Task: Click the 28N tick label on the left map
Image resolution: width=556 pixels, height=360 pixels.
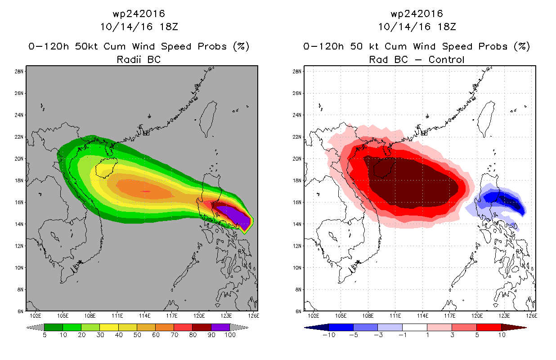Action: [19, 72]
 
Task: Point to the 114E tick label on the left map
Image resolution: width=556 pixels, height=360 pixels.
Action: [144, 316]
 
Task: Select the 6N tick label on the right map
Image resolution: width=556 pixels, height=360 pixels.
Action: [299, 311]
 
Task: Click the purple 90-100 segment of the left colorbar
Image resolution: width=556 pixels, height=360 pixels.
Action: [220, 327]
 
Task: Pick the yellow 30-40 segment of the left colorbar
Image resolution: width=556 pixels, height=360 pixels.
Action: [109, 327]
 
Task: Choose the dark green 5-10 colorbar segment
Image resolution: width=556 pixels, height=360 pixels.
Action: [54, 327]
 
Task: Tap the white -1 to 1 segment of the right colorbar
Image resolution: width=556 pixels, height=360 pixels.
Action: [414, 327]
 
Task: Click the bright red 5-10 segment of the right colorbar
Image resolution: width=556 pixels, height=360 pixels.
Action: [489, 327]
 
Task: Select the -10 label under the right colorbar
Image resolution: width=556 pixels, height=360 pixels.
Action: [329, 335]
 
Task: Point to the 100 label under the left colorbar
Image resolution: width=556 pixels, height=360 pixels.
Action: [230, 335]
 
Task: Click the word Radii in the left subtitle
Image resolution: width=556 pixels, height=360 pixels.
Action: [129, 59]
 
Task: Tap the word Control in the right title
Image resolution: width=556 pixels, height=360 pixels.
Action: [446, 59]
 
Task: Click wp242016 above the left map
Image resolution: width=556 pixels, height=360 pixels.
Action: [139, 14]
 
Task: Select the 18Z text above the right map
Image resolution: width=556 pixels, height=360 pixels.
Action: [447, 27]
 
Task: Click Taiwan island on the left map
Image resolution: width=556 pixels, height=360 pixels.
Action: [208, 119]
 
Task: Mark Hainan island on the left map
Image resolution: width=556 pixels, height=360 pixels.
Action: [106, 168]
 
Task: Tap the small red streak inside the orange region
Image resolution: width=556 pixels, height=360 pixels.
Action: [145, 191]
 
